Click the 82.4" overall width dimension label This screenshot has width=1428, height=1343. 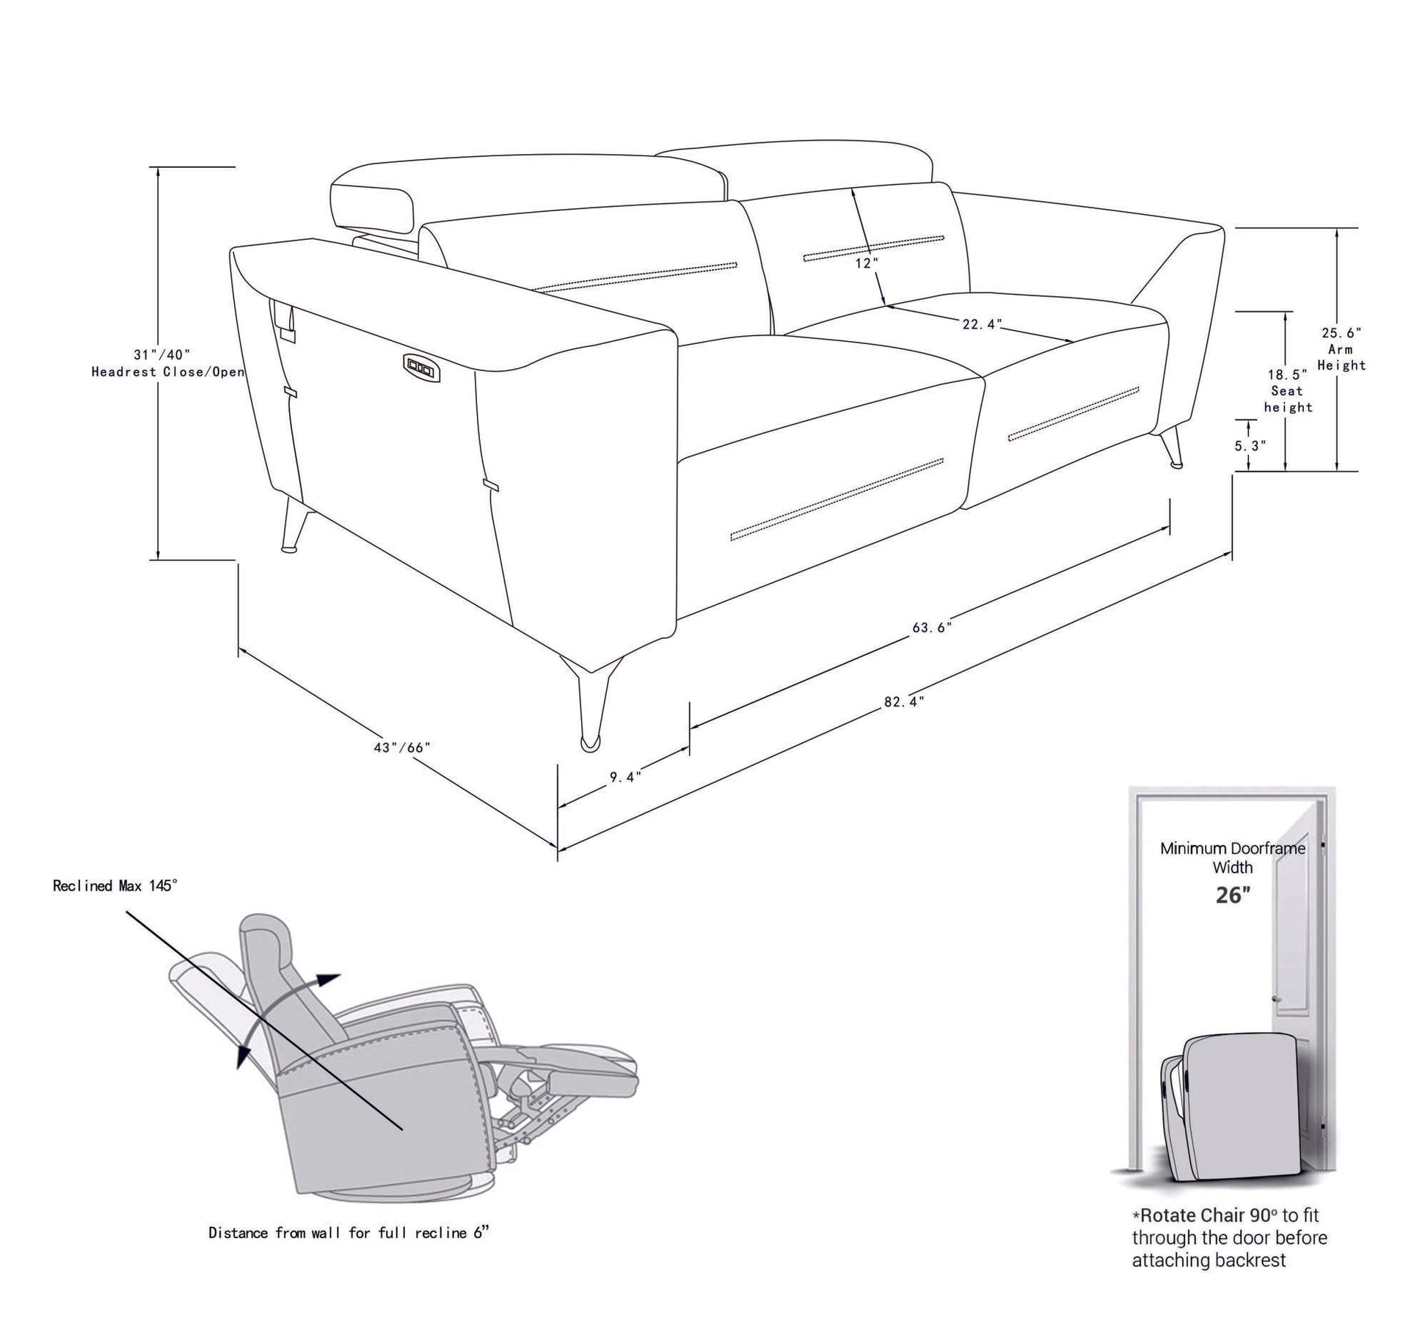(903, 701)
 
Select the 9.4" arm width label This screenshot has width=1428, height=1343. (625, 777)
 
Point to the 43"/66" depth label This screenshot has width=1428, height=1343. (402, 747)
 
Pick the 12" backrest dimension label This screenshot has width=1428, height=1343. (866, 263)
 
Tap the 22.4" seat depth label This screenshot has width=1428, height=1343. (982, 323)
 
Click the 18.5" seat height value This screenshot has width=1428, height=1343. (1288, 373)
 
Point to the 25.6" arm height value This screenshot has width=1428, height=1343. (1341, 332)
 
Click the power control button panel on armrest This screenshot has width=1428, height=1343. (420, 367)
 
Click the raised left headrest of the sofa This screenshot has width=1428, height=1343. (374, 198)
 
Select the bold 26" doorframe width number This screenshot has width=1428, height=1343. (1232, 895)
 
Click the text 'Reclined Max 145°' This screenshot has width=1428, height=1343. (115, 886)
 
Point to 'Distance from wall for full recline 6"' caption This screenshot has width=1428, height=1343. (349, 1233)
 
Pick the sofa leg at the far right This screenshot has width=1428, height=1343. (1172, 449)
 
